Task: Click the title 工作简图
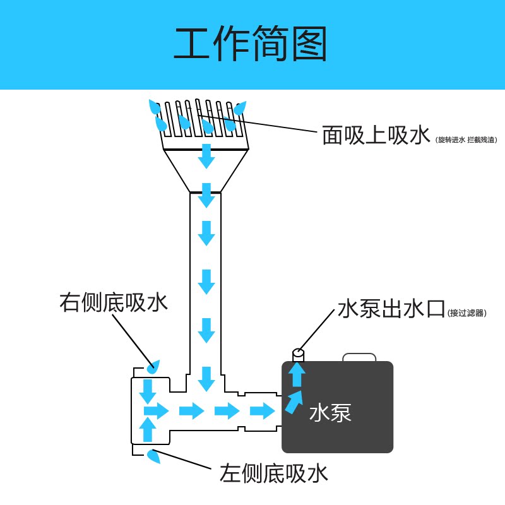coord(251,44)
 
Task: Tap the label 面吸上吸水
coord(376,135)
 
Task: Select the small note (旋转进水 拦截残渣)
coord(466,140)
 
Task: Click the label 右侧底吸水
coord(114,302)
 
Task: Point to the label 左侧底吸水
coord(274,473)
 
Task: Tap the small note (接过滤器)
coord(467,312)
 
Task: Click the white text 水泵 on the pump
coord(330,413)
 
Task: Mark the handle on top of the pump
coord(359,357)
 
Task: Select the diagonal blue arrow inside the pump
coord(294,401)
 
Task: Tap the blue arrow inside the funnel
coord(206,156)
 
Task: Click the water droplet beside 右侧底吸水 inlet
coord(153,365)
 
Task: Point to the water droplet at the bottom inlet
coord(153,456)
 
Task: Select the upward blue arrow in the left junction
coord(147,429)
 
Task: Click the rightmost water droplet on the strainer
coord(241,108)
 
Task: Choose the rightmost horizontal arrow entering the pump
coord(262,412)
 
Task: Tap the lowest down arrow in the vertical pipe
coord(206,378)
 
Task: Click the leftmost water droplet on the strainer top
coord(153,106)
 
